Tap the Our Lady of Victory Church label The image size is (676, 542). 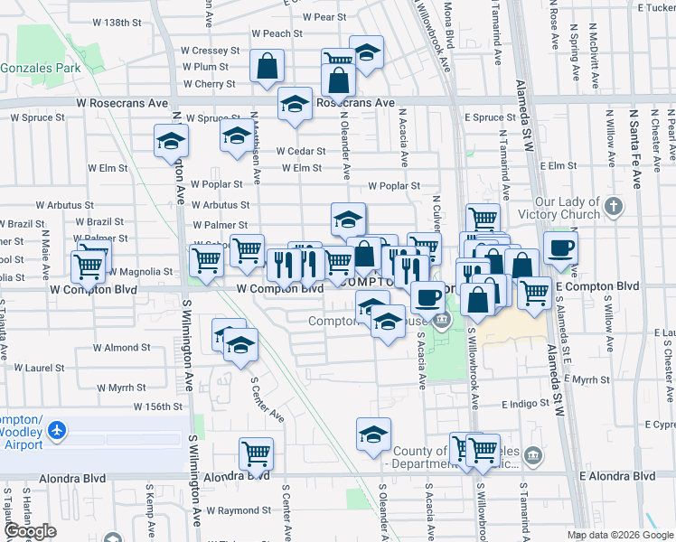click(568, 208)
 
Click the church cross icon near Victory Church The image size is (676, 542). click(614, 206)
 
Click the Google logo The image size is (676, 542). click(30, 531)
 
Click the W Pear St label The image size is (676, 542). click(325, 17)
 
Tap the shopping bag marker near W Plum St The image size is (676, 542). click(268, 67)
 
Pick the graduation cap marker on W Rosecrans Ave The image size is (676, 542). click(295, 105)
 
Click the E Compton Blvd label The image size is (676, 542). click(596, 286)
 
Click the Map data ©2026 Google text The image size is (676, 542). click(620, 535)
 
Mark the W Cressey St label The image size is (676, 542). click(210, 51)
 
